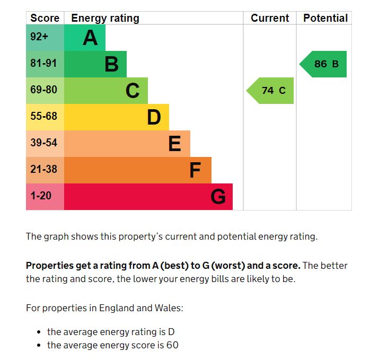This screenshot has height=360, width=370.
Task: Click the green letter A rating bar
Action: click(x=84, y=38)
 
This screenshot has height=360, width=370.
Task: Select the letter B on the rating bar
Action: click(x=111, y=64)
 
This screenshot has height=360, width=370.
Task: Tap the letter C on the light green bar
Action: click(x=133, y=91)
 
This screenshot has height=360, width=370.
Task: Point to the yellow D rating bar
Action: click(x=117, y=117)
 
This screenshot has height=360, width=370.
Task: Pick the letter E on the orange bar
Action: click(x=174, y=144)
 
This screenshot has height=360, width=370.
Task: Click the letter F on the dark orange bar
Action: click(x=195, y=170)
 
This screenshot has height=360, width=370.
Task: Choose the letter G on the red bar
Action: click(x=218, y=197)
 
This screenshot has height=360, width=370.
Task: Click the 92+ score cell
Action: click(x=39, y=38)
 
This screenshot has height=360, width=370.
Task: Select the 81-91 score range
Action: click(x=43, y=64)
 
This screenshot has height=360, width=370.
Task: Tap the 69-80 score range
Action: click(x=43, y=90)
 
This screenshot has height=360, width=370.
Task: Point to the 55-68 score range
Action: click(x=43, y=117)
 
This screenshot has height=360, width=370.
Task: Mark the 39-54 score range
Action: click(x=43, y=143)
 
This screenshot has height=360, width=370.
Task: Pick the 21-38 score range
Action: click(x=43, y=170)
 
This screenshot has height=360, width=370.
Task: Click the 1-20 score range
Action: click(x=41, y=196)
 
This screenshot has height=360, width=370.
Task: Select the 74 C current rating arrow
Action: click(x=271, y=91)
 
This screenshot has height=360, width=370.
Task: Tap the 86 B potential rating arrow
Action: click(x=324, y=64)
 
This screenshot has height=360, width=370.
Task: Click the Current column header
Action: click(x=270, y=18)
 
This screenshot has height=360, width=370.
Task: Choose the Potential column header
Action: click(x=325, y=18)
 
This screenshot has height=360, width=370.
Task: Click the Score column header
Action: click(x=45, y=18)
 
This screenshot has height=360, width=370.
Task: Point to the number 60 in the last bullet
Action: click(x=172, y=345)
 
